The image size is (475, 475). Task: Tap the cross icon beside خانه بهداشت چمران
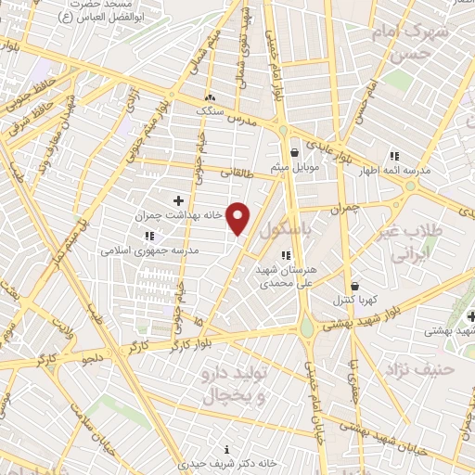coord(178,200)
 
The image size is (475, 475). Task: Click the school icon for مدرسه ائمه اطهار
coord(394,156)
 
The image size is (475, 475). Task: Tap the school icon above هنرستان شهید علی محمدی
coord(286,255)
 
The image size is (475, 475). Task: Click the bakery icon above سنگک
coord(211,97)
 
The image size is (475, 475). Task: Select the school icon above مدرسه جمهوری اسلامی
coord(150,237)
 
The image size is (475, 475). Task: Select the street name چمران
coord(342,210)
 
